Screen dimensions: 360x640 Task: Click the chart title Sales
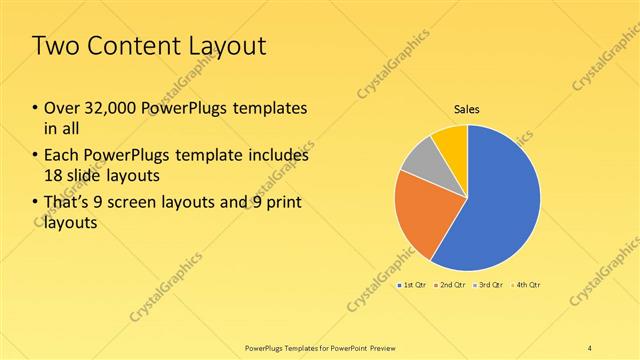[x=467, y=108]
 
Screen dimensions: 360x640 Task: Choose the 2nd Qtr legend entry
[x=452, y=285]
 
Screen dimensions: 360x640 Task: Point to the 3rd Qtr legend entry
[x=489, y=285]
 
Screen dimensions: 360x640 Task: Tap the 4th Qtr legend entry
[x=526, y=285]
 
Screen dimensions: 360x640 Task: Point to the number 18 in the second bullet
[x=53, y=176]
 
